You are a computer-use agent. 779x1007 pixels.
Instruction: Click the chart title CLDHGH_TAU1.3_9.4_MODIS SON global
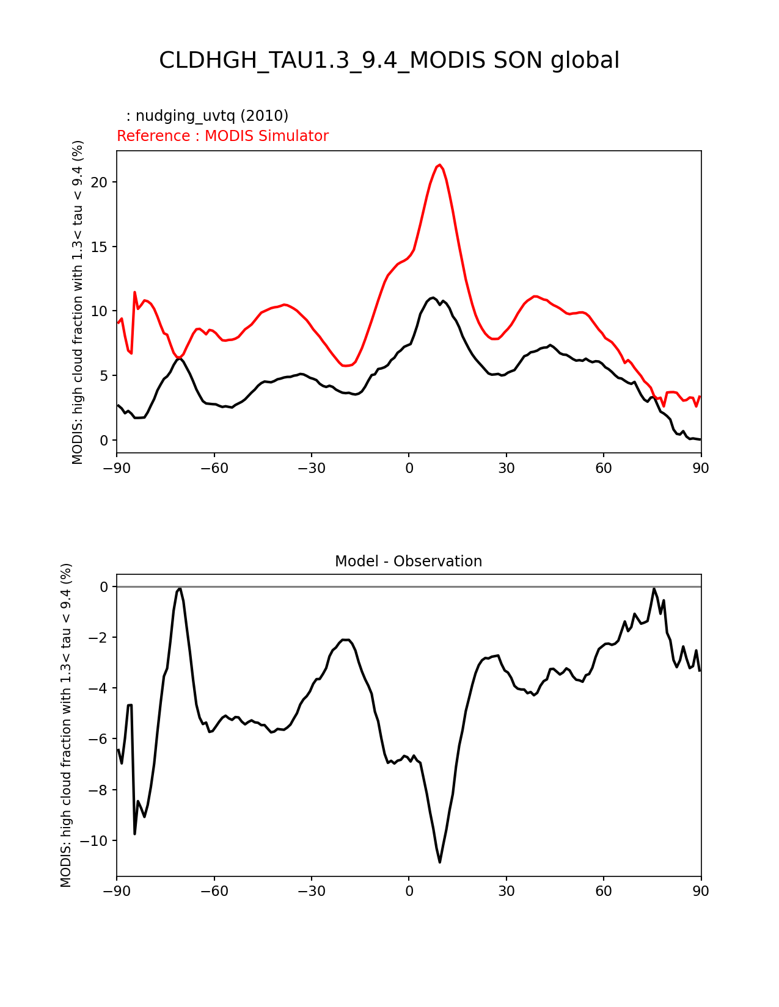pyautogui.click(x=389, y=60)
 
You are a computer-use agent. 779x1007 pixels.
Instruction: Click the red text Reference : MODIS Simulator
pyautogui.click(x=222, y=136)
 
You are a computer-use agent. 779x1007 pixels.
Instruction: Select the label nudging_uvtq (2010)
pyautogui.click(x=207, y=116)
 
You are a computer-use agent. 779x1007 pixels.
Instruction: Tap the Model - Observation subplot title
pyautogui.click(x=408, y=561)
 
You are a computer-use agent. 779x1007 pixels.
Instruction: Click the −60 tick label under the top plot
pyautogui.click(x=214, y=468)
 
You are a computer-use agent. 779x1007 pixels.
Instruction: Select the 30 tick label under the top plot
pyautogui.click(x=506, y=468)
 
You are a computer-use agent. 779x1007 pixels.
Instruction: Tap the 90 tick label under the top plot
pyautogui.click(x=701, y=468)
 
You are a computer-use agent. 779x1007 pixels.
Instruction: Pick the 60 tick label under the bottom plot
pyautogui.click(x=603, y=892)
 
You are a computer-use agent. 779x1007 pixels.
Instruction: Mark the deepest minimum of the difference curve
pyautogui.click(x=439, y=862)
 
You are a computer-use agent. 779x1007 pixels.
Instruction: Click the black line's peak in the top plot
pyautogui.click(x=433, y=298)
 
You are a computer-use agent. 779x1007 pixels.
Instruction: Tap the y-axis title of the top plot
pyautogui.click(x=78, y=302)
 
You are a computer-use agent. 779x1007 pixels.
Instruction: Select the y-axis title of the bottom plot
pyautogui.click(x=66, y=725)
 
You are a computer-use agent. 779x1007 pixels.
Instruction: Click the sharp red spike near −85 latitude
pyautogui.click(x=134, y=292)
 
